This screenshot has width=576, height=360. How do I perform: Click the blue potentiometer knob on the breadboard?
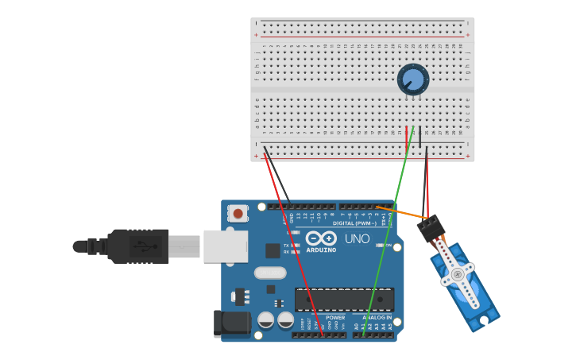point(413,79)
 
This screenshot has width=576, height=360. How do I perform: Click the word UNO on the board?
point(357,238)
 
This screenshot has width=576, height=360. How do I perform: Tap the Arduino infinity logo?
point(320,238)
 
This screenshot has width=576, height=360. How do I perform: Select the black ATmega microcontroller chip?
point(344,300)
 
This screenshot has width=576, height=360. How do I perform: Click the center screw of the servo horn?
point(457,274)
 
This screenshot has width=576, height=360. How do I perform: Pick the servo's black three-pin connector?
point(431,228)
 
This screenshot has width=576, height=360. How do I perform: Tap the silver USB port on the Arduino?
point(225,246)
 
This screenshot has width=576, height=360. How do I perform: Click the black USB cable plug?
point(138,246)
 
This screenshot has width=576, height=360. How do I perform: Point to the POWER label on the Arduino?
point(335,318)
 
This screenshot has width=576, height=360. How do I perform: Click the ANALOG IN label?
point(378,318)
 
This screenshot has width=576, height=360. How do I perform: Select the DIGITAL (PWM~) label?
point(355,223)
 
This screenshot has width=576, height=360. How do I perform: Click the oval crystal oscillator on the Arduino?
point(270,273)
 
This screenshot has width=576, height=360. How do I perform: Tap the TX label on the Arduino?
point(286,246)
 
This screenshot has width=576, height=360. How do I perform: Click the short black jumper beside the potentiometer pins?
point(419,137)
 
